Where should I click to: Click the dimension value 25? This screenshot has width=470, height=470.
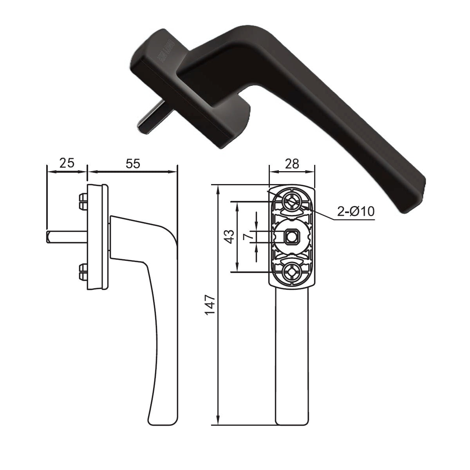[x=67, y=163]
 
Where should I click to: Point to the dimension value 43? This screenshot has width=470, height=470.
[x=230, y=236]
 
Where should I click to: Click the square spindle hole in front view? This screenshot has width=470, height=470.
[x=291, y=237]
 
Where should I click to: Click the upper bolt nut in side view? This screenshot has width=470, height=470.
[x=83, y=201]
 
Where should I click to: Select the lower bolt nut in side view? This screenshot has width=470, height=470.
[x=83, y=272]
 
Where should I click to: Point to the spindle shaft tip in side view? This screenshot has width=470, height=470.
[x=48, y=236]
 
